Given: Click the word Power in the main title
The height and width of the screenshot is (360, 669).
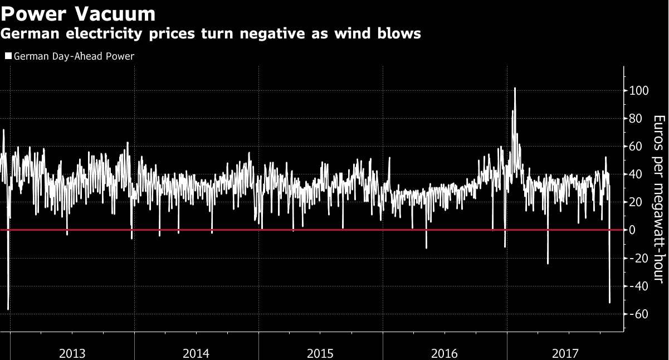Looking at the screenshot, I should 34,13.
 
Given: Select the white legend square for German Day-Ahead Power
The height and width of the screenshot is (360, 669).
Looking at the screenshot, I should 8,56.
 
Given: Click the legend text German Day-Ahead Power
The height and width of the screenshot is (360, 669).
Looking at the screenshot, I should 74,56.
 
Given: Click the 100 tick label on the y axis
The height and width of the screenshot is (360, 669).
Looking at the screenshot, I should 639,90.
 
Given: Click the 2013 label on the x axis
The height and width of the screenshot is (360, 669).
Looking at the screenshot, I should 72,353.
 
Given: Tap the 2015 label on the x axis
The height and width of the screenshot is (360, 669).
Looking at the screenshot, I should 320,353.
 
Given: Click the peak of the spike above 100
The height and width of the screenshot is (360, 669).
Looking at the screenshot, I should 515,88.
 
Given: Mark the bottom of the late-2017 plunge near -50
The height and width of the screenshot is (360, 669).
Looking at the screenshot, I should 610,303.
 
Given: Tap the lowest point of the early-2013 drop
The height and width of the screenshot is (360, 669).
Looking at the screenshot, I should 8,309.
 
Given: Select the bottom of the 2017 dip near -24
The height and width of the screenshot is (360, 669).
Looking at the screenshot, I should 548,264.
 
